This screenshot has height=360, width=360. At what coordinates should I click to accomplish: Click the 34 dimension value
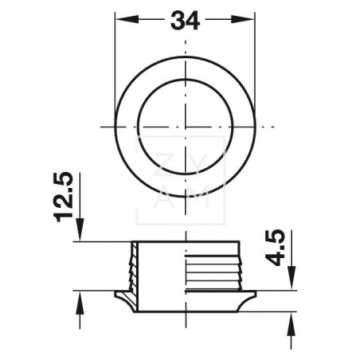185,21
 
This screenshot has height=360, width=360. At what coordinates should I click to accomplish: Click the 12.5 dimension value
63,197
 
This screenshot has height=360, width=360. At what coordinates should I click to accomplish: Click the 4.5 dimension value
275,248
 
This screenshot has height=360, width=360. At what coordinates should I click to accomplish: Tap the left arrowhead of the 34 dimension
127,19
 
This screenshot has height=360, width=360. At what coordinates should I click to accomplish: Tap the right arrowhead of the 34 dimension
243,19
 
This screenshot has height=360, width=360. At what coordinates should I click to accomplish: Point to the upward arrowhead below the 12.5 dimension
80,303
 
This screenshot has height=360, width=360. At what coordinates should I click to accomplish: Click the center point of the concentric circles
186,127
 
